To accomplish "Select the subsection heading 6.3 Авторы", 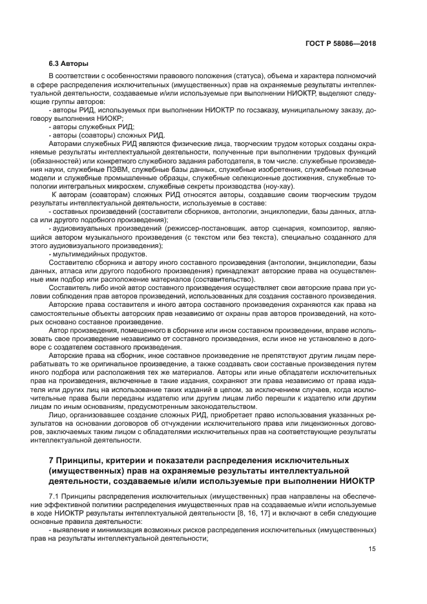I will [x=69, y=65].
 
